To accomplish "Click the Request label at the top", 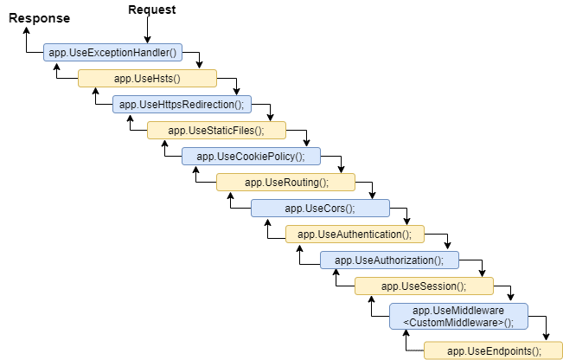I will pos(151,10).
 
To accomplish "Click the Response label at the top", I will pos(39,17).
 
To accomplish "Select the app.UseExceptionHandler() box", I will pos(112,53).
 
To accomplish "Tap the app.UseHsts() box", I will pos(147,79).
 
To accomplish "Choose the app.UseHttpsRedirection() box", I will pos(182,105).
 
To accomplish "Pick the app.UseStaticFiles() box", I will pos(216,131).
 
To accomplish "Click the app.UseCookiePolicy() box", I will pos(251,157).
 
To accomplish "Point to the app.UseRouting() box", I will pos(285,183).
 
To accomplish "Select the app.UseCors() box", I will pos(320,209).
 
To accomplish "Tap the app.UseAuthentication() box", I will pos(355,235).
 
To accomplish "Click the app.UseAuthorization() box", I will pos(389,260).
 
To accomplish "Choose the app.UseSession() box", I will pos(424,286).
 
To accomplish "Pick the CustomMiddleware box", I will pos(458,316).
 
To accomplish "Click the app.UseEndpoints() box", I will pos(494,350).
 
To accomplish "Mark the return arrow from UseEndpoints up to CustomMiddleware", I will pos(406,342).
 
